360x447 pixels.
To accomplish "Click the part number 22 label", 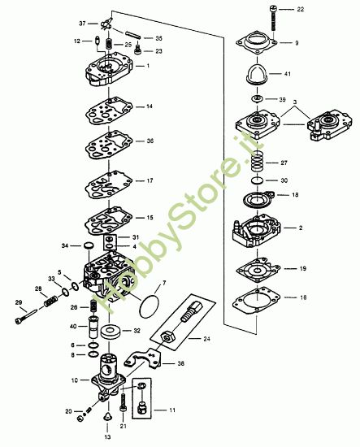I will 301,9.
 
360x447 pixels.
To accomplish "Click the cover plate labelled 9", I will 258,42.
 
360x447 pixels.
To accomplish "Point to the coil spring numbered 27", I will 257,162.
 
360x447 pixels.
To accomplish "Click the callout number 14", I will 149,106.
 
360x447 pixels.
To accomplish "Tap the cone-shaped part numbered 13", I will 106,417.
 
